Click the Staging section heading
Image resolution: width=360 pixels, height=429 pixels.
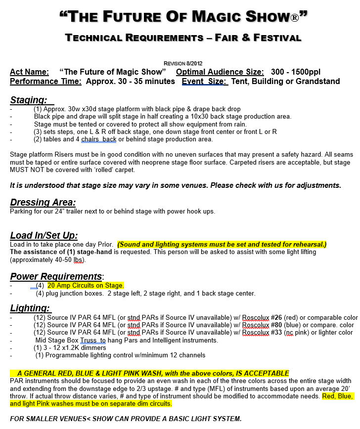point(28,100)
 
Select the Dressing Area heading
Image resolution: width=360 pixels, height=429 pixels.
point(43,203)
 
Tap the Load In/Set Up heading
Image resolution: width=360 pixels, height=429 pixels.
point(44,236)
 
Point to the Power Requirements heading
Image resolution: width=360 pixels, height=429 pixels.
point(56,276)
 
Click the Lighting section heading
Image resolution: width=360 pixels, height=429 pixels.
point(29,308)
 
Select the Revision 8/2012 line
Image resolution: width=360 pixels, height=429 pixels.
point(183,63)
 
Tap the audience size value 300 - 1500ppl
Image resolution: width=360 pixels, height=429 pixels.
point(298,72)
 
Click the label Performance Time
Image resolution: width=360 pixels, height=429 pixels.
point(45,82)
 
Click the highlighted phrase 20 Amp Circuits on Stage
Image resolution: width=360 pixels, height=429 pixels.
point(86,286)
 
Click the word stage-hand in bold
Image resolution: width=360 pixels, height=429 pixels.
point(95,252)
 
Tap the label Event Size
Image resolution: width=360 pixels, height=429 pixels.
point(204,82)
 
